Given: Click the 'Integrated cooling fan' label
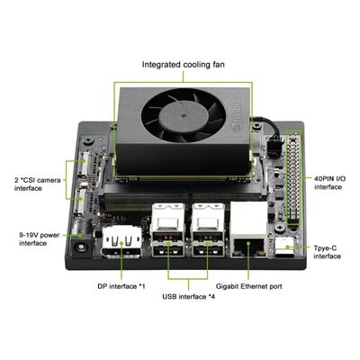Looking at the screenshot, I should [184, 64].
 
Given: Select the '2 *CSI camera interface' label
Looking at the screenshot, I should [33, 184].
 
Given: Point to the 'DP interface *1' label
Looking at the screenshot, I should [121, 285].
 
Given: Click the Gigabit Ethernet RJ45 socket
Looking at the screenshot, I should [247, 243].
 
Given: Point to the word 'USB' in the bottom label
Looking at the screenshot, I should [169, 296].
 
